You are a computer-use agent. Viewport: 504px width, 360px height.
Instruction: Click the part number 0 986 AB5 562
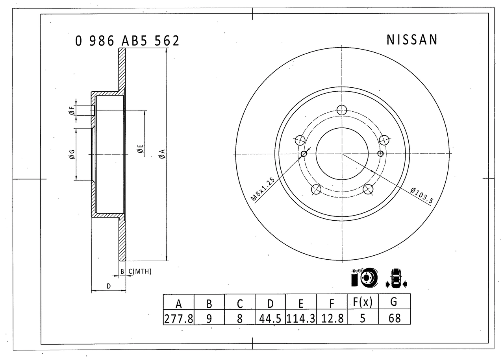coord(127,41)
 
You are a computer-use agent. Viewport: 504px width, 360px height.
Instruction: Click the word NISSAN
coord(412,40)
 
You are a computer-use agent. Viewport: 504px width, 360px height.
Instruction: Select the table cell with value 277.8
coord(178,318)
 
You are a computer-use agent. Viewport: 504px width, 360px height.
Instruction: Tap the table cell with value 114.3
coord(301,318)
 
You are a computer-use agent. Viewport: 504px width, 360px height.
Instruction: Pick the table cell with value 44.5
coord(270,318)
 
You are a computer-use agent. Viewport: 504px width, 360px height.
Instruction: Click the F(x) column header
coord(363,302)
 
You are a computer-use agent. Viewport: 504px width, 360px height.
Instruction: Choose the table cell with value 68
coord(394,318)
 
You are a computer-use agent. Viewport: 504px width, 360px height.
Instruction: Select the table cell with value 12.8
coord(332,318)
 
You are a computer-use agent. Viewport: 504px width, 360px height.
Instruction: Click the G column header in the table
coord(394,302)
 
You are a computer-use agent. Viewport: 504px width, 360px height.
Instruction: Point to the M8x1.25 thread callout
coord(263,190)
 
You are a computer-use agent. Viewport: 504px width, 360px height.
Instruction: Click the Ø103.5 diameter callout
coord(421,195)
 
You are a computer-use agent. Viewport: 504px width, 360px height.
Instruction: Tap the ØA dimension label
coord(162,154)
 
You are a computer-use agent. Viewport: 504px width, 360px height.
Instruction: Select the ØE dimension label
coord(139,149)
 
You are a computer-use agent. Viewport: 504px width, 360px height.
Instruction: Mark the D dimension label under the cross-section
coord(109,286)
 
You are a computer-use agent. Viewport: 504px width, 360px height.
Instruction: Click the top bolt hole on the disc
coord(342,110)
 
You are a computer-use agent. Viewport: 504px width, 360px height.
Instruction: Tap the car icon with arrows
coord(396,278)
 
